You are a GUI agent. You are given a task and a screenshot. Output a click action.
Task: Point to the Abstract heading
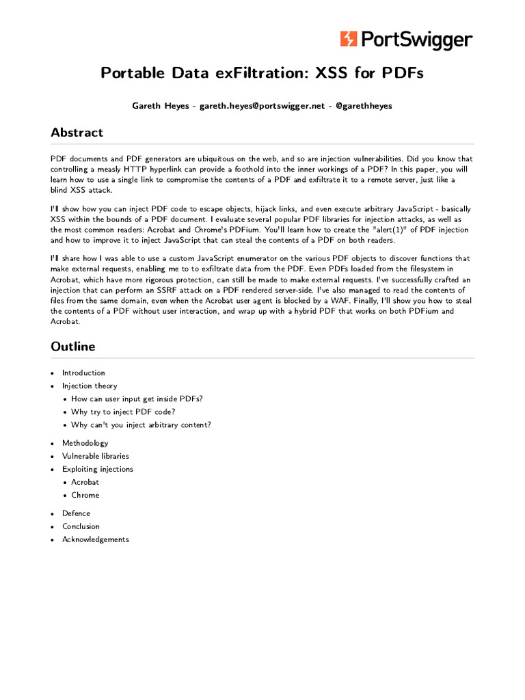click(77, 133)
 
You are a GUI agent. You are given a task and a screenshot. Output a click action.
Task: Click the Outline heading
click(72, 347)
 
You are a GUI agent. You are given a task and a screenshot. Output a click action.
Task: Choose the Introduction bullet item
click(83, 373)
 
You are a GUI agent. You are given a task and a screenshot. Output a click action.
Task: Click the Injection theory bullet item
click(89, 386)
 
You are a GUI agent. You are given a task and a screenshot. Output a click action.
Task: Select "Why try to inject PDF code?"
click(123, 412)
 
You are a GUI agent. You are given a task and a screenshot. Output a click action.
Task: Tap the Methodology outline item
click(85, 443)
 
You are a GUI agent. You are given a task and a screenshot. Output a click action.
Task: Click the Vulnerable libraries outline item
click(95, 456)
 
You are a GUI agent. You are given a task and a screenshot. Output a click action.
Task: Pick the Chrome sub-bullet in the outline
click(85, 495)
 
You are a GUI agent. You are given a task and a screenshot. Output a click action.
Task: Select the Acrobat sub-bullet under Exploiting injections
click(85, 482)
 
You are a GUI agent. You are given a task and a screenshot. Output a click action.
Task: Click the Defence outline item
click(76, 513)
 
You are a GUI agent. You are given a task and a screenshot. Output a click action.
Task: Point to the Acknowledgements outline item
click(95, 539)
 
